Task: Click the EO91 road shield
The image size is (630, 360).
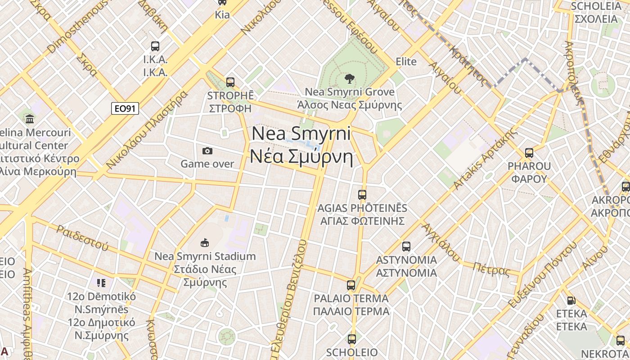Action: click(125, 108)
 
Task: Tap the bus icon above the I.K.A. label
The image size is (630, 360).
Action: click(155, 46)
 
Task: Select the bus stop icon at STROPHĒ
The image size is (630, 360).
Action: click(230, 82)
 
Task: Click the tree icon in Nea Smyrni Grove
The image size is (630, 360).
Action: click(349, 79)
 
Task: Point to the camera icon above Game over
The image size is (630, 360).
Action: click(207, 151)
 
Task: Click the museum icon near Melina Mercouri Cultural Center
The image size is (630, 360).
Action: click(30, 119)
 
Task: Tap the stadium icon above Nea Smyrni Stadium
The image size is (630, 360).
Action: click(205, 243)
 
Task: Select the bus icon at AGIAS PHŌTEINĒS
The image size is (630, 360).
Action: click(362, 195)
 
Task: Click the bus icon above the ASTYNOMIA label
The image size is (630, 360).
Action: click(406, 247)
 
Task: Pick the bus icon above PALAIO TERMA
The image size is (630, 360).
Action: click(351, 285)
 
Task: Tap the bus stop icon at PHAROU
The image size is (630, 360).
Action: click(529, 153)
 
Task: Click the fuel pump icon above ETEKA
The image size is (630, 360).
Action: click(571, 300)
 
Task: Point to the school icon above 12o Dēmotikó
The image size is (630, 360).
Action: click(101, 283)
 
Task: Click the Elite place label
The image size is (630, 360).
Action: click(406, 62)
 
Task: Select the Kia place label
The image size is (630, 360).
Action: click(222, 15)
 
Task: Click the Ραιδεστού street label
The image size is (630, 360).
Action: click(82, 237)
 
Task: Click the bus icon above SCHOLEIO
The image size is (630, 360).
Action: click(352, 339)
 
